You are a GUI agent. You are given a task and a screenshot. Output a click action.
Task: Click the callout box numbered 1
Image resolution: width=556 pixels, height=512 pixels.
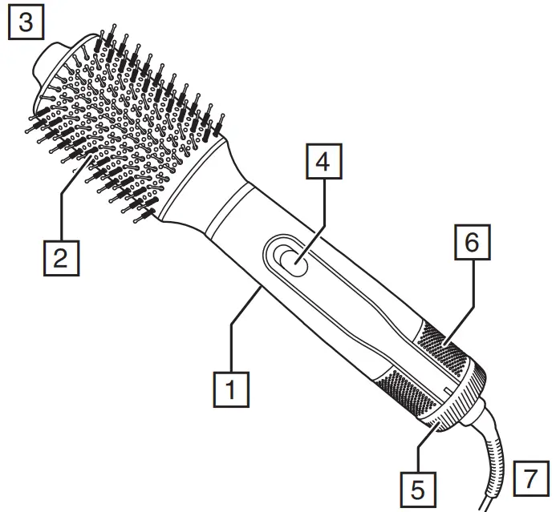click(x=231, y=389)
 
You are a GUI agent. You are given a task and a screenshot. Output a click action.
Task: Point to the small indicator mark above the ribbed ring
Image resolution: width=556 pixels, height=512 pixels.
click(x=443, y=389)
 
